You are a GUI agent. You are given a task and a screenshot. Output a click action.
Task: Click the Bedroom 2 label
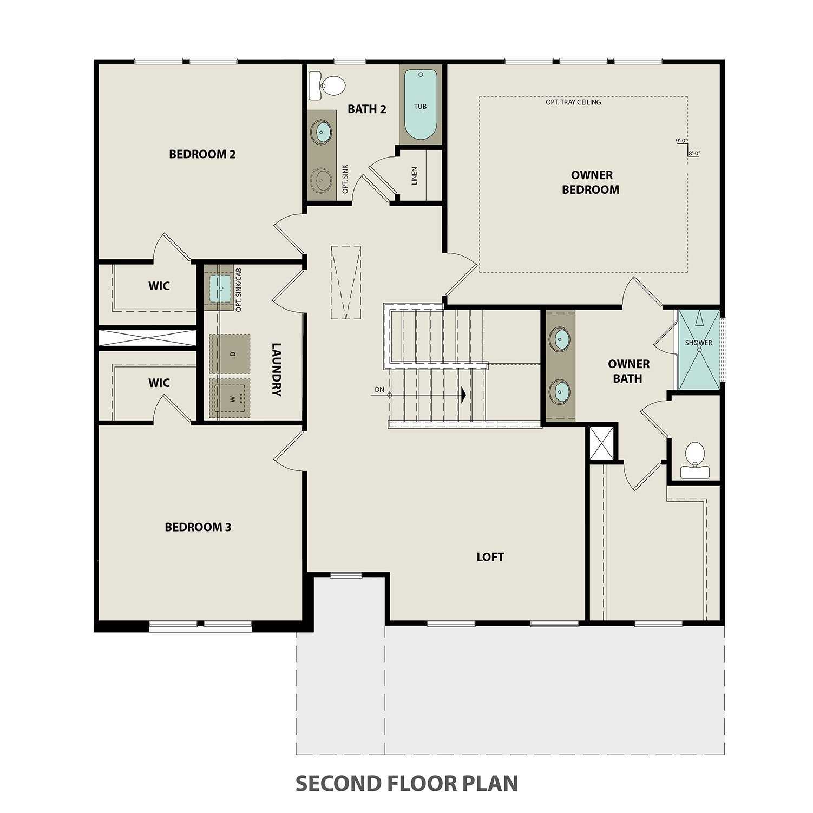tap(202, 154)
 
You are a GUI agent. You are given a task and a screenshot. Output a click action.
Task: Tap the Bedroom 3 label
tap(198, 527)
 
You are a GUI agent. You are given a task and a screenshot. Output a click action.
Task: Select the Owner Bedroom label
tap(591, 182)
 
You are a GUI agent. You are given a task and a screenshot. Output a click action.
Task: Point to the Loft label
tap(490, 557)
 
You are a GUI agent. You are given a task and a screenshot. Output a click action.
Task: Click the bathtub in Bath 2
tap(421, 106)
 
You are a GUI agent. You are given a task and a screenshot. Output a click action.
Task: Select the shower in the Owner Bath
tap(698, 350)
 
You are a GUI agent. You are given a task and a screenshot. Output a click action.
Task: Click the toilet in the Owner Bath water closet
tap(694, 459)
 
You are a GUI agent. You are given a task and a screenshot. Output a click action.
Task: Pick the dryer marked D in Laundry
tap(230, 353)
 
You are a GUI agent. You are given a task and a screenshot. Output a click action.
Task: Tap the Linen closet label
tap(415, 176)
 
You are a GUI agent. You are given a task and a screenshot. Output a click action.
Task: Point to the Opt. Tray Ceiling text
tap(573, 102)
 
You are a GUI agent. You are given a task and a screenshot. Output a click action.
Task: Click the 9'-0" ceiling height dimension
tap(681, 141)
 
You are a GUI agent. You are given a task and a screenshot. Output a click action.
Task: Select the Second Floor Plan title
tap(406, 783)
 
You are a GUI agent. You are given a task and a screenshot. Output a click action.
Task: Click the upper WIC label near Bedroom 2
tap(159, 286)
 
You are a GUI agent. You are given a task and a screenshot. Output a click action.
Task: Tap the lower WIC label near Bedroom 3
tap(159, 383)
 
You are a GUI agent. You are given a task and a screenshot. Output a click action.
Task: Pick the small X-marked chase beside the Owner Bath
tap(602, 443)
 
